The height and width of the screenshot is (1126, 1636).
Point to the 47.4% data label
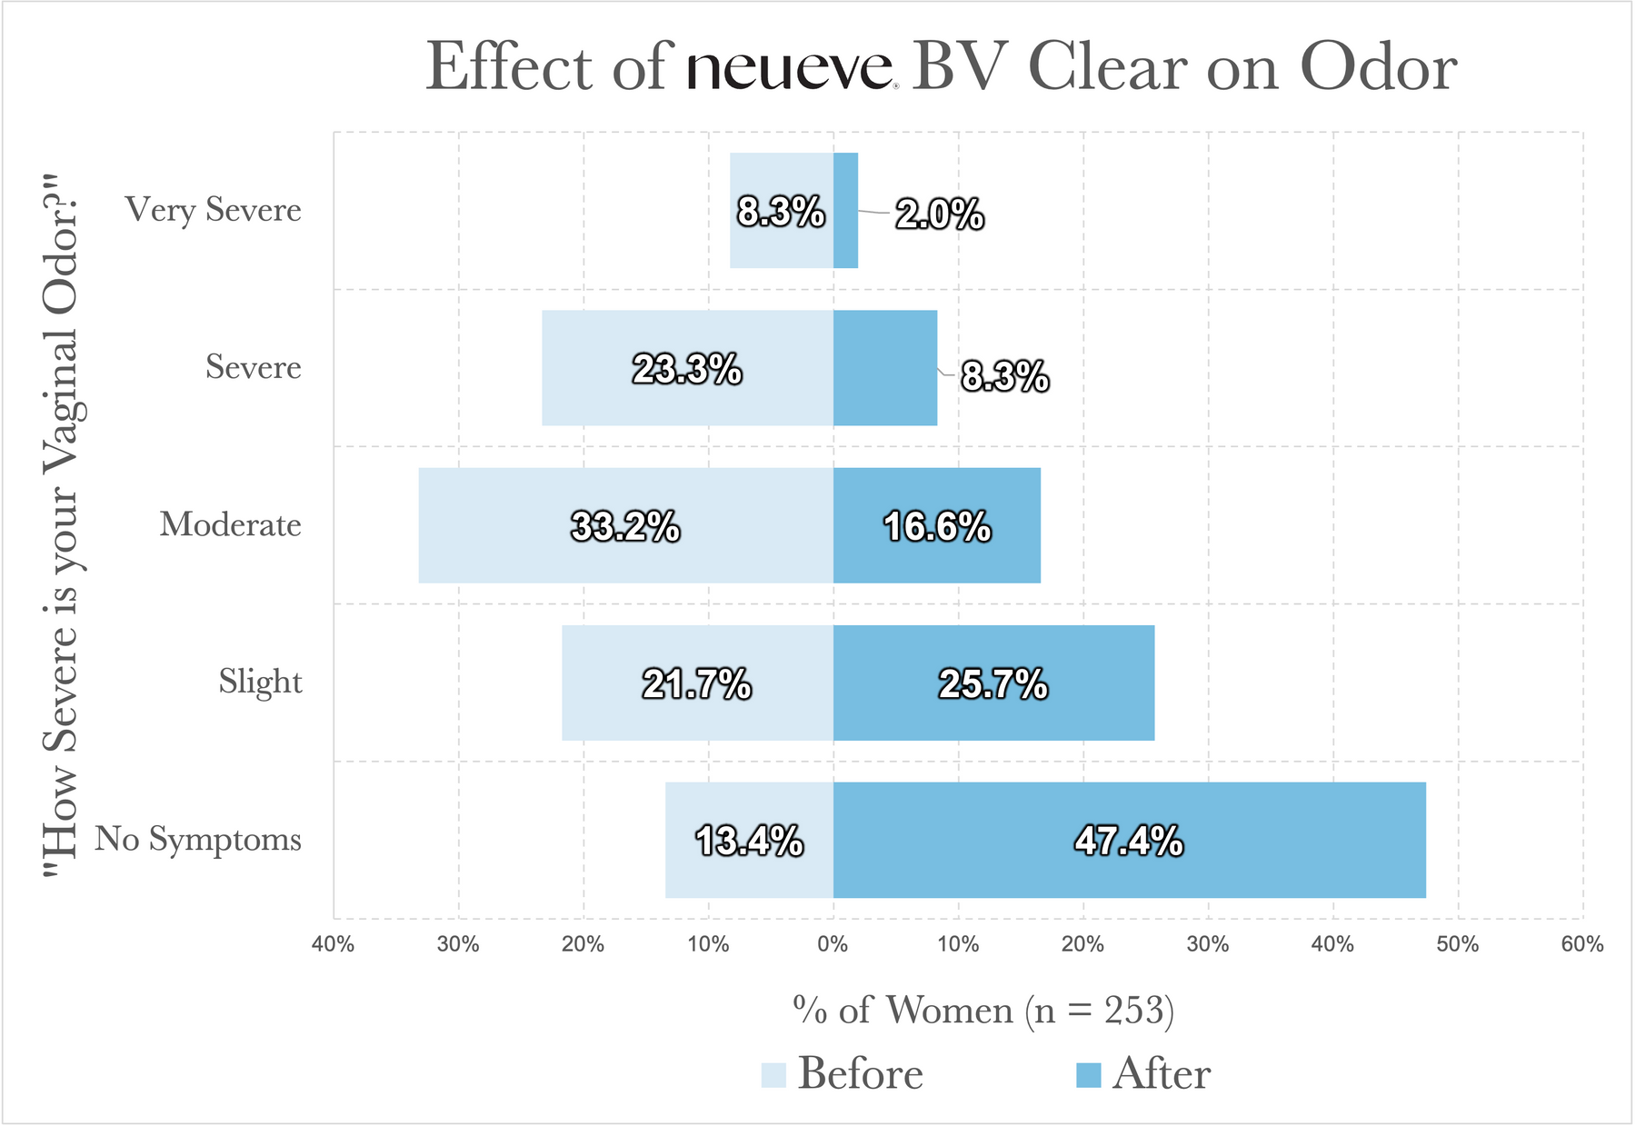click(x=1129, y=842)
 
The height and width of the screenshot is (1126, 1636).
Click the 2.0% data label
click(x=939, y=214)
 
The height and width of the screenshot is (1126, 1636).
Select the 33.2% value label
click(x=625, y=527)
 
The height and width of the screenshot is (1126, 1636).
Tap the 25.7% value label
click(x=993, y=684)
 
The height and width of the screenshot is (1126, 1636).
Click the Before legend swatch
click(x=773, y=1075)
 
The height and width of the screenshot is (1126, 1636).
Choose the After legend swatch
click(x=1088, y=1075)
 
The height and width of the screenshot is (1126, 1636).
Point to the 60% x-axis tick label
click(x=1582, y=944)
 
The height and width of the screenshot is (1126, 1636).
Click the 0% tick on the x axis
click(x=833, y=944)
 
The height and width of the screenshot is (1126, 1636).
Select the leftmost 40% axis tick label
click(x=333, y=944)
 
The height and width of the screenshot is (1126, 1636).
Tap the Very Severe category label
click(x=214, y=210)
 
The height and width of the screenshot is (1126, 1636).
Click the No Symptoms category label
click(x=198, y=839)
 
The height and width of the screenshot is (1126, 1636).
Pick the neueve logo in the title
click(x=789, y=69)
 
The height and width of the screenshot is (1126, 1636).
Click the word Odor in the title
click(x=1378, y=67)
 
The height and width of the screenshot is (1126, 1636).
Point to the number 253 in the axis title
click(x=1133, y=1010)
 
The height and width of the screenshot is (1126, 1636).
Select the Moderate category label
click(x=230, y=524)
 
